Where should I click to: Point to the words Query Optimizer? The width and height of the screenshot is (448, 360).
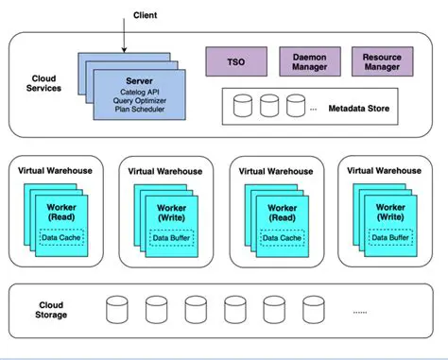[139, 101]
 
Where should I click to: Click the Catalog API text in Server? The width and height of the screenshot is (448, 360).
[139, 92]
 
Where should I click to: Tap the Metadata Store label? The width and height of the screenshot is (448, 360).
[357, 108]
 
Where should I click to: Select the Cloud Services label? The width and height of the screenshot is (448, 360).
[43, 82]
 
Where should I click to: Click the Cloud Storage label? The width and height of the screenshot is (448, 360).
[52, 309]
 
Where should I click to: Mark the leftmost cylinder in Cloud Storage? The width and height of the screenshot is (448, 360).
[117, 309]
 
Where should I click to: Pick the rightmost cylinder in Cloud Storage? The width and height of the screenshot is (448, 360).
[312, 309]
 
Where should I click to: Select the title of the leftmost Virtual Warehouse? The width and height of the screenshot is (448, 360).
[56, 171]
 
